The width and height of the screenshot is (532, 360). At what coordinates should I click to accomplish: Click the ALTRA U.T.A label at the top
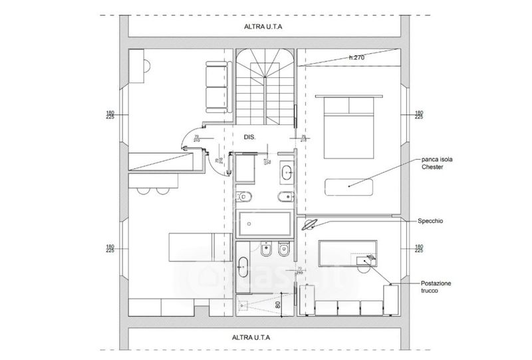coord(264,27)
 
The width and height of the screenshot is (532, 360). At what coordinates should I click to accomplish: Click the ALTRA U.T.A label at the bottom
coord(264,337)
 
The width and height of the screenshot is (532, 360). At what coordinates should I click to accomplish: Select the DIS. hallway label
coord(250,137)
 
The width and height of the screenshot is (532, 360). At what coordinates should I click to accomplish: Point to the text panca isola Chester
coord(437,164)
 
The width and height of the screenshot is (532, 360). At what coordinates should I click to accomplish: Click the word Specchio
coord(432,220)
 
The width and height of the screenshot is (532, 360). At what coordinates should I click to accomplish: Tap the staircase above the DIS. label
coord(264,87)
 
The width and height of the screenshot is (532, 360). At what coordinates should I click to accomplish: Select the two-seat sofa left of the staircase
coord(216,87)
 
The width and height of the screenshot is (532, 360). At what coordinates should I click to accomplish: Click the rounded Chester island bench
coord(348,186)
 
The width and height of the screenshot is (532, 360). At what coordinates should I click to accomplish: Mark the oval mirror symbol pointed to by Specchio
coord(309,226)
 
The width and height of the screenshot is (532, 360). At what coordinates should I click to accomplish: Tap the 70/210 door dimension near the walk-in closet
coord(300,271)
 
